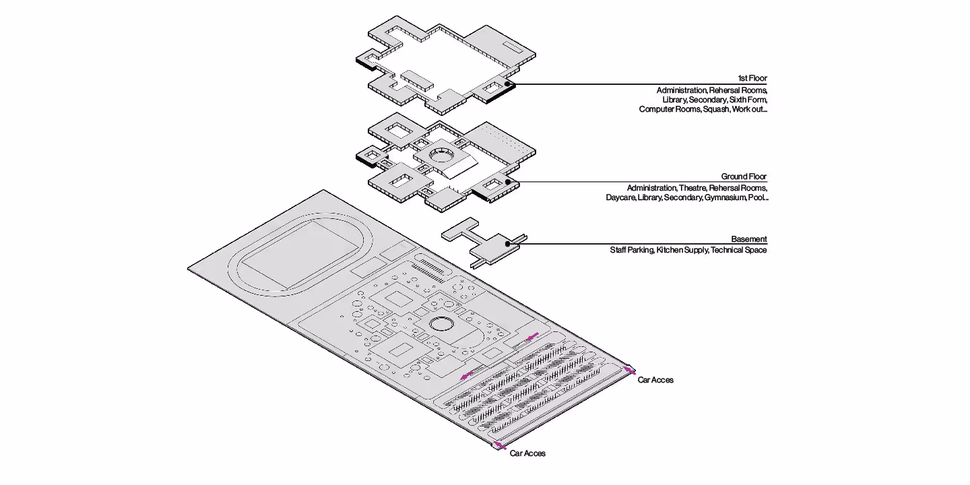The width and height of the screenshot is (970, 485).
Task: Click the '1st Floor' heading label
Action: click(752, 79)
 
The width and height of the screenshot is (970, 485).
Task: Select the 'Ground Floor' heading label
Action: click(744, 176)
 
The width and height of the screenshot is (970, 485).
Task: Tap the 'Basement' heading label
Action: click(749, 239)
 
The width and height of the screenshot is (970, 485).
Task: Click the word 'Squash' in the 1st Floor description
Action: click(717, 109)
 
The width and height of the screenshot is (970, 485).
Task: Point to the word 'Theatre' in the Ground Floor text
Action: click(692, 188)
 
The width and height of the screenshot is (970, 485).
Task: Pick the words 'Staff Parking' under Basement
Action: click(631, 251)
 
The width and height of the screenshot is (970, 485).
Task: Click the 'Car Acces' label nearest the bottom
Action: click(527, 453)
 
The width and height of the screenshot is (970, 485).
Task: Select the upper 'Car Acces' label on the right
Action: click(655, 380)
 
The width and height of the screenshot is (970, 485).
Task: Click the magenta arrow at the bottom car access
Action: click(498, 445)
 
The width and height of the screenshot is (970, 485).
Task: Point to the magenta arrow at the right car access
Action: click(629, 369)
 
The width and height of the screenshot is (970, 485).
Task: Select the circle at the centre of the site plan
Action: click(443, 324)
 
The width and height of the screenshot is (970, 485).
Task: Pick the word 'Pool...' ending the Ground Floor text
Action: click(758, 198)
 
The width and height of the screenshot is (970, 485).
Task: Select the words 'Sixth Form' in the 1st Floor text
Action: click(748, 100)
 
